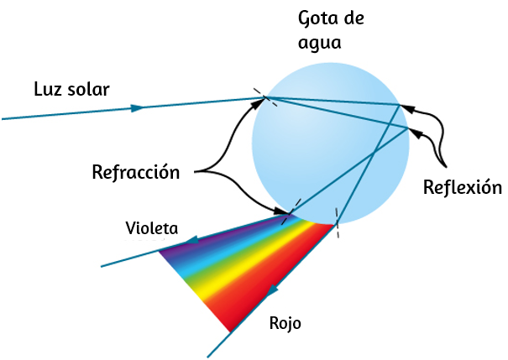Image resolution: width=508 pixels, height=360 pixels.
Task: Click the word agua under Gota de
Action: point(319,43)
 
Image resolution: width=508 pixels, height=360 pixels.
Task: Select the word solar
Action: point(88,89)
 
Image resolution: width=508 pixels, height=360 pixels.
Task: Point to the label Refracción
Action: point(136,172)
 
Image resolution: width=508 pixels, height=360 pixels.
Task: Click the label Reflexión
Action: point(463,187)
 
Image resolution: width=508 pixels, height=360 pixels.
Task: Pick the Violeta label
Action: point(152,228)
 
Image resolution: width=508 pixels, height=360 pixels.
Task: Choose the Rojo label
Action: point(285,323)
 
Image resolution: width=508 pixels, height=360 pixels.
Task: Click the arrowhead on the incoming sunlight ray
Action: point(138,107)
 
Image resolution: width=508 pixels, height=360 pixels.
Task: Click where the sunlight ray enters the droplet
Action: point(265,97)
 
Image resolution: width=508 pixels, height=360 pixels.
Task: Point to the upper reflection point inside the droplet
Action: point(401,105)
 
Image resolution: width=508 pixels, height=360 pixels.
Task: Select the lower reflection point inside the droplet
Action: point(408,128)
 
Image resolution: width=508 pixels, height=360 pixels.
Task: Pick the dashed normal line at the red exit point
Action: point(337,222)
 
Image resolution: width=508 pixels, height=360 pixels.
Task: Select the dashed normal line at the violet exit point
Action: point(291,212)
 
